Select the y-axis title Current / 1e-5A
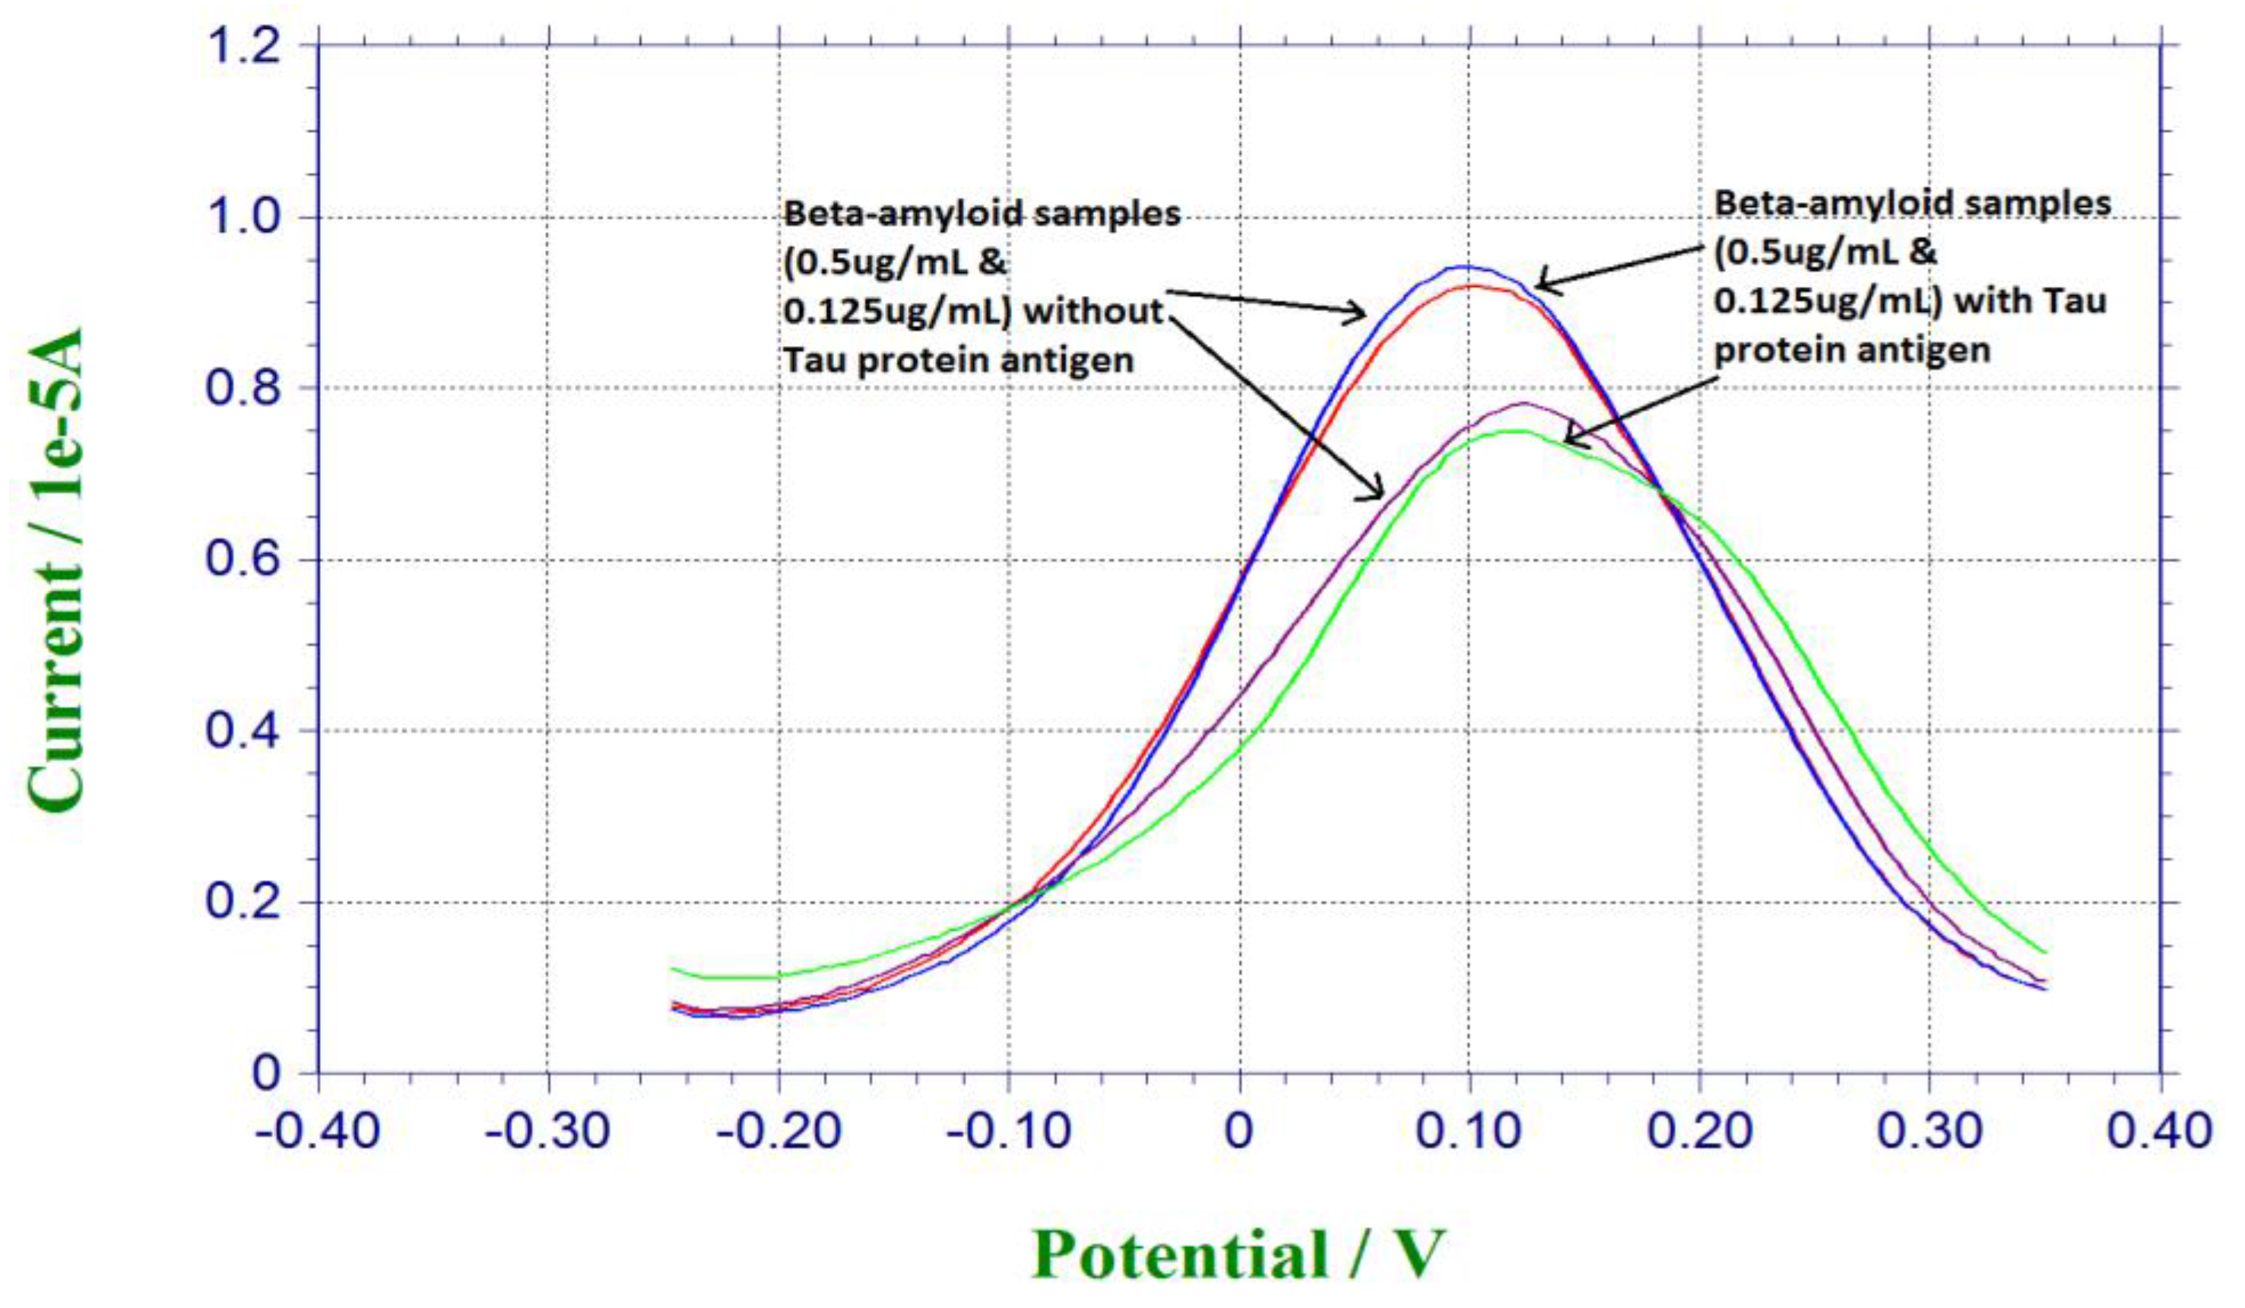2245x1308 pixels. coord(55,570)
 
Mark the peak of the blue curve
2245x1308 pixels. coord(1463,266)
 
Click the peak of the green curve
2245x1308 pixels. coord(1514,431)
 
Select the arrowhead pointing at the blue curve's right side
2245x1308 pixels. coord(1539,286)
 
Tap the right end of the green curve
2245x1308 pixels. coord(2046,953)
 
